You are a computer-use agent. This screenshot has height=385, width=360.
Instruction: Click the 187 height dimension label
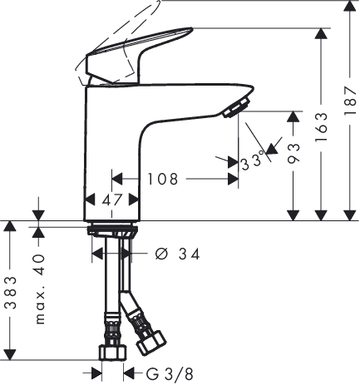point(350,101)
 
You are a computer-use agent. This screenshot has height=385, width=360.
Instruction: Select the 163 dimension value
point(321,127)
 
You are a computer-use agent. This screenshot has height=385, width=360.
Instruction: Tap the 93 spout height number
point(293,153)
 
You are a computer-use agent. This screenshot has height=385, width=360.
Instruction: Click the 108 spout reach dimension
point(162,179)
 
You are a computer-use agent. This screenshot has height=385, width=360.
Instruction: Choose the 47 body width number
point(112,200)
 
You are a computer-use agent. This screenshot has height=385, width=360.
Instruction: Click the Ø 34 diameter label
point(178,254)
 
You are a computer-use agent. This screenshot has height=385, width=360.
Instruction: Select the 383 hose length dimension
point(11,293)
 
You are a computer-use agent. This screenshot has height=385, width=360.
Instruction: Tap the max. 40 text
point(40,289)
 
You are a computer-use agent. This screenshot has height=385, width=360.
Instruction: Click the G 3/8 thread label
point(170,375)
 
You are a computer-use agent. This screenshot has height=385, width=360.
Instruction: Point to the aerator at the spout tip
point(237,108)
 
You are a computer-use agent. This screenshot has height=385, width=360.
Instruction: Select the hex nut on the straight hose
point(113,353)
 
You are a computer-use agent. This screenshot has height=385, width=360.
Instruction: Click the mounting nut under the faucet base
point(112,231)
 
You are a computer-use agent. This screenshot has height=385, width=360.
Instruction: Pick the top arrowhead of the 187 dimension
point(350,6)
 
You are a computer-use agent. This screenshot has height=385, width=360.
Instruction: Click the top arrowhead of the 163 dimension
point(321,33)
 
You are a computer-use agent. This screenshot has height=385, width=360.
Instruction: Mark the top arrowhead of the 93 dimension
point(293,116)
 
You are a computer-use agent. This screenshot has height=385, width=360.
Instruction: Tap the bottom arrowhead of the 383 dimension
point(11,355)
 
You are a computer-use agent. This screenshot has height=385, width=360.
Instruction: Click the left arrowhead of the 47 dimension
point(89,200)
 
